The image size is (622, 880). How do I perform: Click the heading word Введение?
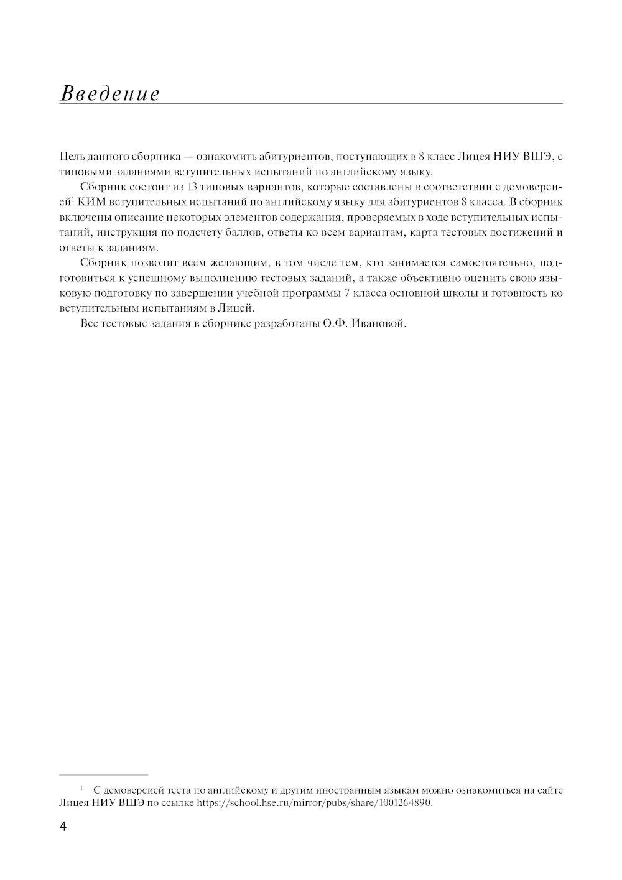[109, 94]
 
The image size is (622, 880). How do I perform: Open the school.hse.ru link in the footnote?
[313, 802]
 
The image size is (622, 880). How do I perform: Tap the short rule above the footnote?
[103, 775]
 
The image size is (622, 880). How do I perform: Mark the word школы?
[459, 293]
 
